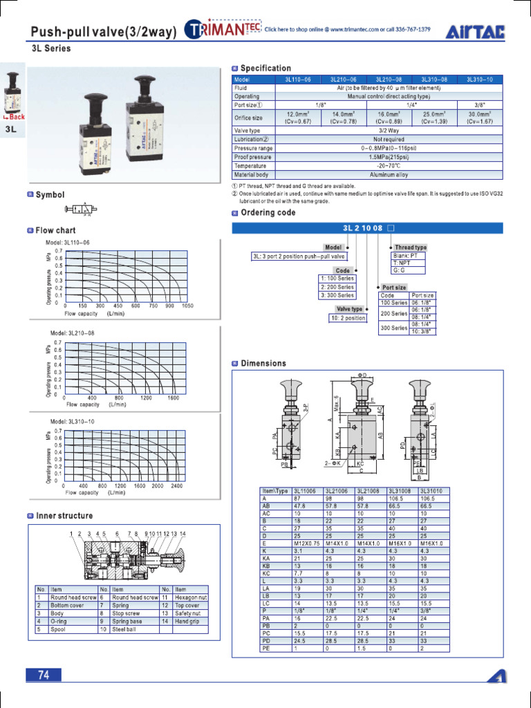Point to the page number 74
pyautogui.click(x=44, y=676)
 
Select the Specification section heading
pyautogui.click(x=265, y=68)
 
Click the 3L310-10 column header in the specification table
pyautogui.click(x=480, y=80)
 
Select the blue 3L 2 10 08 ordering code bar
pyautogui.click(x=367, y=227)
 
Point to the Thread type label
pyautogui.click(x=410, y=248)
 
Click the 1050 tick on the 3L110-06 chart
pyautogui.click(x=187, y=305)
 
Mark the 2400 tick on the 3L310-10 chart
pyautogui.click(x=176, y=485)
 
